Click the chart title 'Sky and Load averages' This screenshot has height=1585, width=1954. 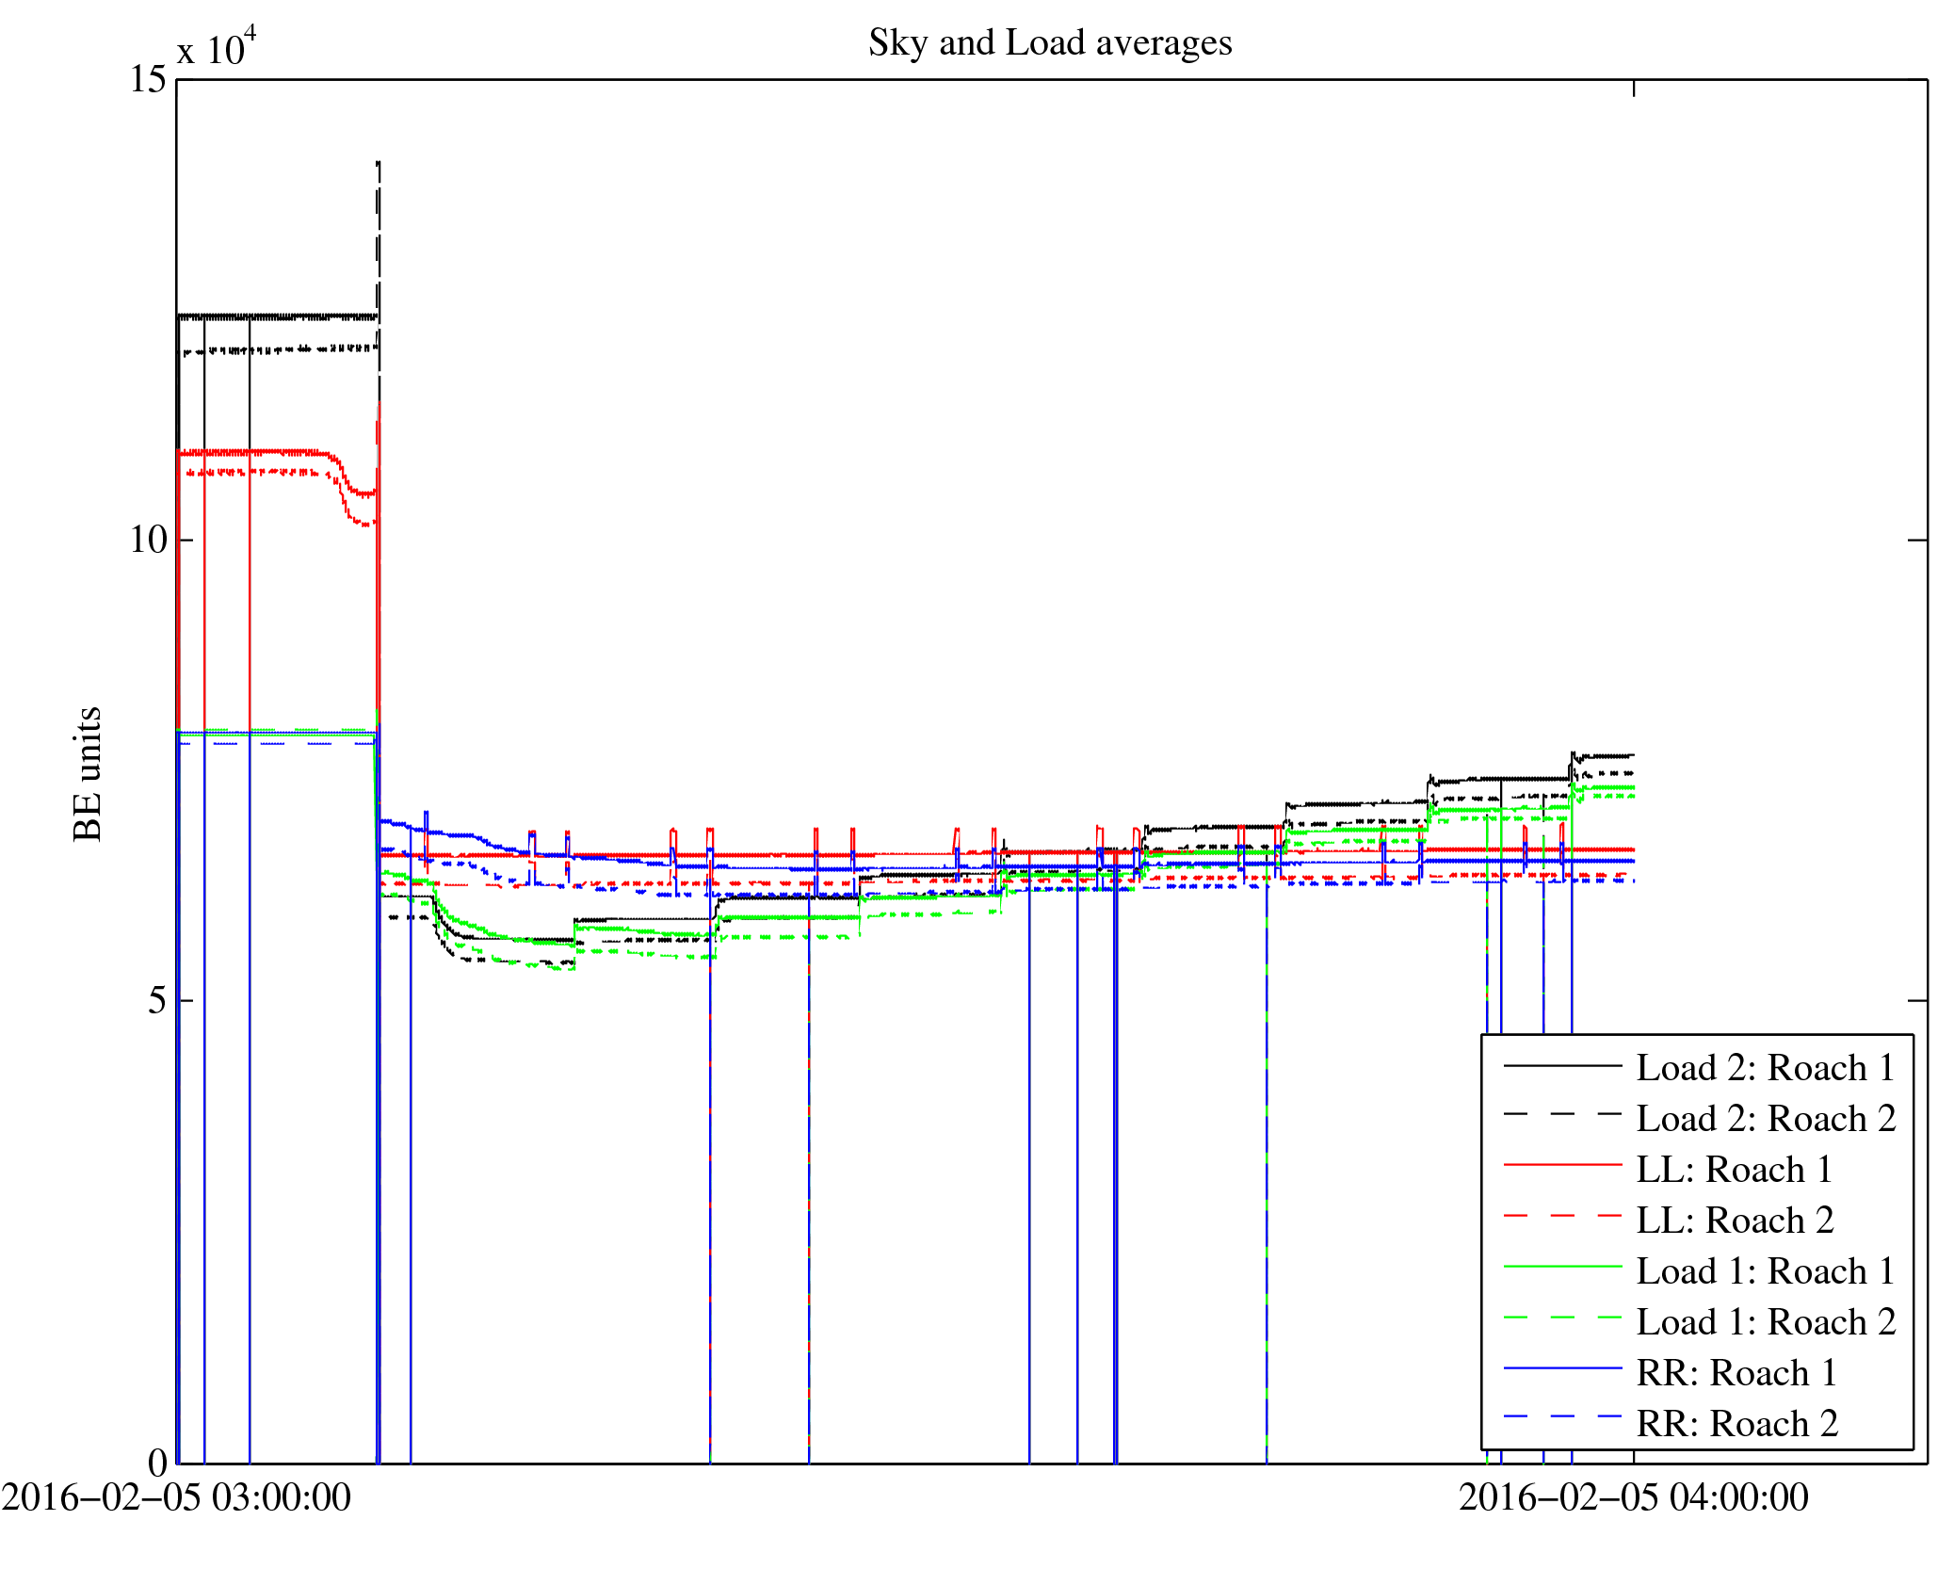point(1050,43)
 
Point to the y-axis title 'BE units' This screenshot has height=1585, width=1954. point(88,774)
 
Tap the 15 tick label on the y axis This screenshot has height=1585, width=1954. point(149,79)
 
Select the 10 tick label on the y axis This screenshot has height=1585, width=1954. point(149,540)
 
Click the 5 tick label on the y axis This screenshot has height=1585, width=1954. point(157,1000)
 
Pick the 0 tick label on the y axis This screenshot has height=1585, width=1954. point(157,1462)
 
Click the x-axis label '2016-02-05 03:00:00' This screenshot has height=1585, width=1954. point(176,1497)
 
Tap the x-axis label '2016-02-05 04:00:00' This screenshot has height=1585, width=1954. point(1634,1497)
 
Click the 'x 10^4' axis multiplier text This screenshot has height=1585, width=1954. point(217,47)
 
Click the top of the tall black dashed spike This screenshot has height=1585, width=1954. point(379,163)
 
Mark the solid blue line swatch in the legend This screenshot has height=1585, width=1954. point(1562,1367)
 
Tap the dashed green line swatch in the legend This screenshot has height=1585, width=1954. point(1562,1317)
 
